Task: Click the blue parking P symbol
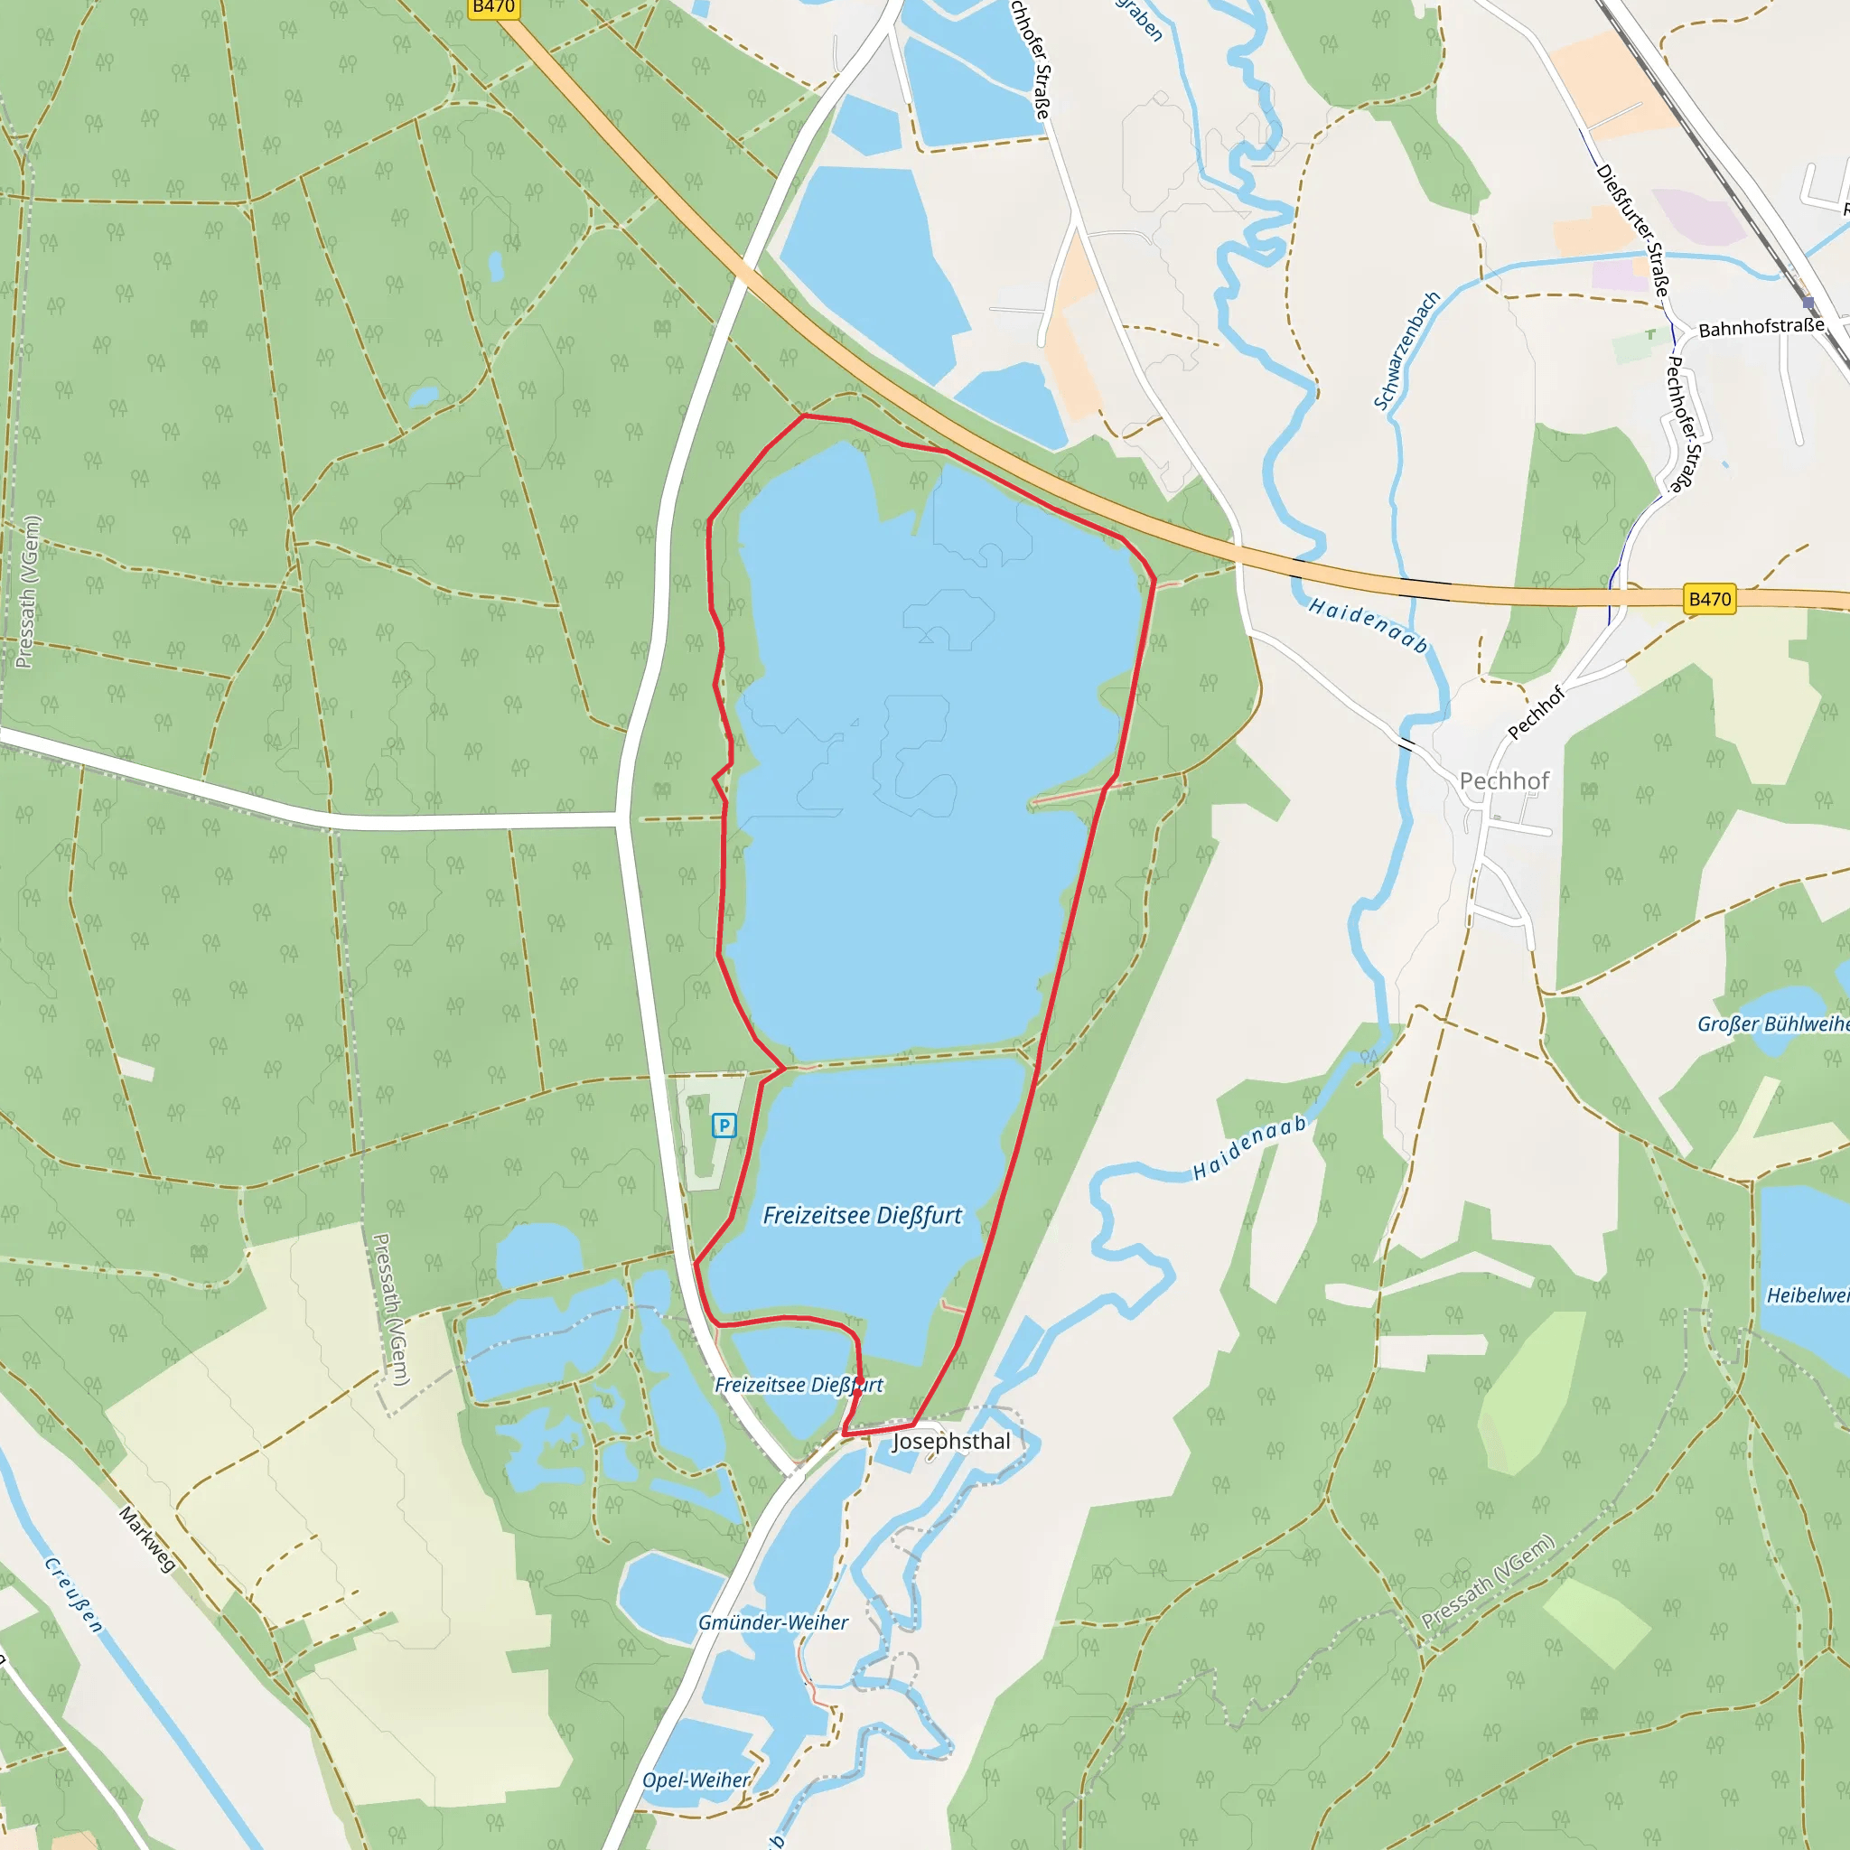pyautogui.click(x=724, y=1126)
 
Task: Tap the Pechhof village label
pyautogui.click(x=1503, y=781)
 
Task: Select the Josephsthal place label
pyautogui.click(x=951, y=1441)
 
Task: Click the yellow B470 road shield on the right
pyautogui.click(x=1709, y=600)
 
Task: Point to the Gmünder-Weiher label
pyautogui.click(x=772, y=1622)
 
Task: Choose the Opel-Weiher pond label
pyautogui.click(x=696, y=1780)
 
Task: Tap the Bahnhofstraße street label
pyautogui.click(x=1761, y=328)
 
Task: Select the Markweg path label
pyautogui.click(x=147, y=1538)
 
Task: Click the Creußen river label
pyautogui.click(x=74, y=1594)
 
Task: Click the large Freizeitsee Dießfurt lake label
pyautogui.click(x=862, y=1215)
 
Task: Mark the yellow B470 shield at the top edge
pyautogui.click(x=494, y=7)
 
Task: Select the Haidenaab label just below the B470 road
pyautogui.click(x=1368, y=625)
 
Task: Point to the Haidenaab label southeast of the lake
pyautogui.click(x=1249, y=1147)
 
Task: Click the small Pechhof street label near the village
pyautogui.click(x=1535, y=713)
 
